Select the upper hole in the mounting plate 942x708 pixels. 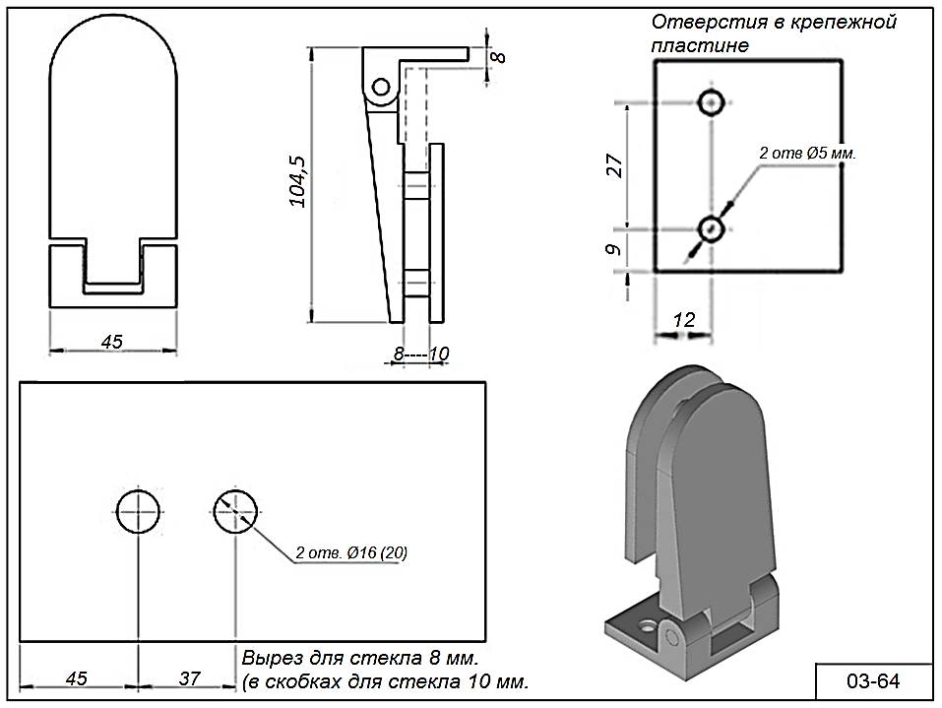tap(711, 101)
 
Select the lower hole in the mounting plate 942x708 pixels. tap(711, 229)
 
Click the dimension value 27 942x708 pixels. tap(614, 165)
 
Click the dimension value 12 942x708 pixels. tap(683, 319)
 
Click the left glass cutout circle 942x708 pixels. tap(138, 511)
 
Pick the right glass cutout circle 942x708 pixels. tap(235, 511)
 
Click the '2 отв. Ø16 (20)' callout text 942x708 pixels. tap(351, 552)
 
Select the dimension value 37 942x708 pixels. tap(190, 678)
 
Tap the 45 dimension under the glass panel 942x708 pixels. tap(76, 678)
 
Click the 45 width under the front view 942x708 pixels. tap(112, 341)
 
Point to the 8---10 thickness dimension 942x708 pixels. tap(420, 353)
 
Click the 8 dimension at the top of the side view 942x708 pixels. tap(499, 55)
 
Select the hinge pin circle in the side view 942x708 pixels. tap(379, 88)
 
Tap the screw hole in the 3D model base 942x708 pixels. tap(646, 624)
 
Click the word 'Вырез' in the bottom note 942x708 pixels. tap(268, 657)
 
